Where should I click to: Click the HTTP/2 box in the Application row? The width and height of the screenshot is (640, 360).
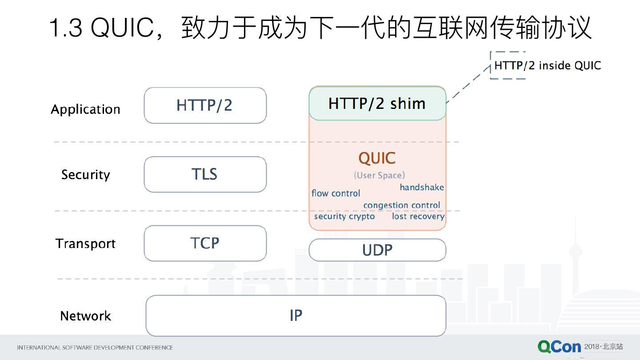205,105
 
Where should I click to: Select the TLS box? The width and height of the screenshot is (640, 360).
205,174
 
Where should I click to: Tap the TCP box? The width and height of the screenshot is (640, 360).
205,243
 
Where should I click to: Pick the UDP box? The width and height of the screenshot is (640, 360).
377,250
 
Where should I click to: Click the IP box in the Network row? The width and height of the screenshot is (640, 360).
296,316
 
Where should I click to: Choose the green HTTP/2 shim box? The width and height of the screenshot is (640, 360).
377,104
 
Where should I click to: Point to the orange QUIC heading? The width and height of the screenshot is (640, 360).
377,158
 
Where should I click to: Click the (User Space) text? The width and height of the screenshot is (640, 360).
379,175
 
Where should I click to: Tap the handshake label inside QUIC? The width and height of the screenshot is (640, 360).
421,187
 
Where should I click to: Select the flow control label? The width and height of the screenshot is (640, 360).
336,193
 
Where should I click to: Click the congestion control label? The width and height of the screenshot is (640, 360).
401,205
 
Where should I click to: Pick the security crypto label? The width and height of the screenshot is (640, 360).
344,216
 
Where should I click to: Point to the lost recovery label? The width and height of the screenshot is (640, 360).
418,216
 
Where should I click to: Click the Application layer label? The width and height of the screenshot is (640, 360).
85,109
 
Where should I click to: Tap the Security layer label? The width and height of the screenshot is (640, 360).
85,175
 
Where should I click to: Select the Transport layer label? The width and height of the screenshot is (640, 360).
85,244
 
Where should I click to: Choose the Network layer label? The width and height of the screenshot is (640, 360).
85,316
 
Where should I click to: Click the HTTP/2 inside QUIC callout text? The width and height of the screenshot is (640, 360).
547,66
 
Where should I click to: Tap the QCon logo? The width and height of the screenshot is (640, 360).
559,347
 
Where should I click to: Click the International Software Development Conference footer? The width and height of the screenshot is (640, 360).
95,348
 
